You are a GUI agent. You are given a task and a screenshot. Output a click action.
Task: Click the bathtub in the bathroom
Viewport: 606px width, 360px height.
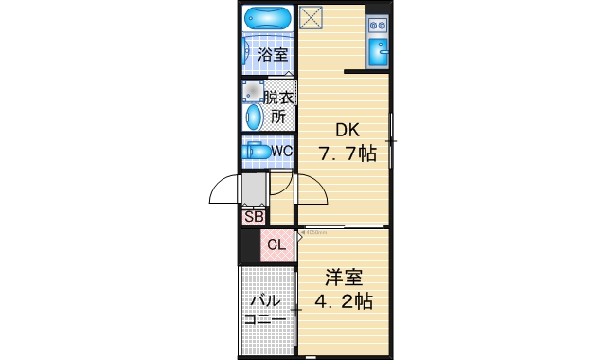[x=269, y=18]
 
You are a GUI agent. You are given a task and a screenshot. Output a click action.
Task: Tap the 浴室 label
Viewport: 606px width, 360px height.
[x=274, y=55]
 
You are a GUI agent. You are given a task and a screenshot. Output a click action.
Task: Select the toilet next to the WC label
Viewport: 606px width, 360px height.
[x=255, y=151]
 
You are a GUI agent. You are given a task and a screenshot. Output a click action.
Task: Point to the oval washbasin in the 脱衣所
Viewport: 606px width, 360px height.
[x=254, y=117]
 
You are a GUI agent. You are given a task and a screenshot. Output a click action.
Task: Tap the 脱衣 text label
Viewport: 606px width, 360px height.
[x=277, y=98]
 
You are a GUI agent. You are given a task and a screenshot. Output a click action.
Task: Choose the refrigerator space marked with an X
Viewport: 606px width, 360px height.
[x=311, y=18]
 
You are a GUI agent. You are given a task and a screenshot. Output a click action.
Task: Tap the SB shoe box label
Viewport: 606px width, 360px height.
[x=254, y=216]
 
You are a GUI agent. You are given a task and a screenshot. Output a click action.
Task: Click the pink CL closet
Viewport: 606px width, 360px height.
[x=276, y=245]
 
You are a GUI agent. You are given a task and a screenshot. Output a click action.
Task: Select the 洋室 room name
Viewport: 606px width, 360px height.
[x=344, y=279]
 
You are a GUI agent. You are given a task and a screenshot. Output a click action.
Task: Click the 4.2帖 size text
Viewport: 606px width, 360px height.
[x=344, y=302]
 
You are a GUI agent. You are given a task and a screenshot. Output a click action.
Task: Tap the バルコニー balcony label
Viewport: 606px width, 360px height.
[x=265, y=311]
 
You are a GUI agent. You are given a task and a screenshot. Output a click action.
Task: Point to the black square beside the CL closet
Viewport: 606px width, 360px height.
[x=250, y=245]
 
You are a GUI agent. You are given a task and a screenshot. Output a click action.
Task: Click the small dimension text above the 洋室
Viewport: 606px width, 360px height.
[x=314, y=231]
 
